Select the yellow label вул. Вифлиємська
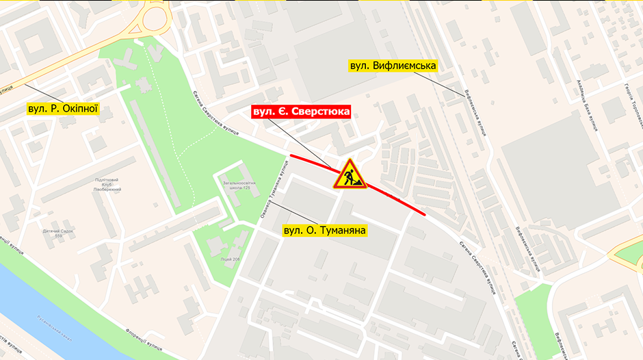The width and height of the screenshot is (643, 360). (393, 66)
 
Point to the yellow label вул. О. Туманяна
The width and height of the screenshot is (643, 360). (325, 231)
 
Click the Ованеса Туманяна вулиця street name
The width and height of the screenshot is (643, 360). (271, 194)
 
